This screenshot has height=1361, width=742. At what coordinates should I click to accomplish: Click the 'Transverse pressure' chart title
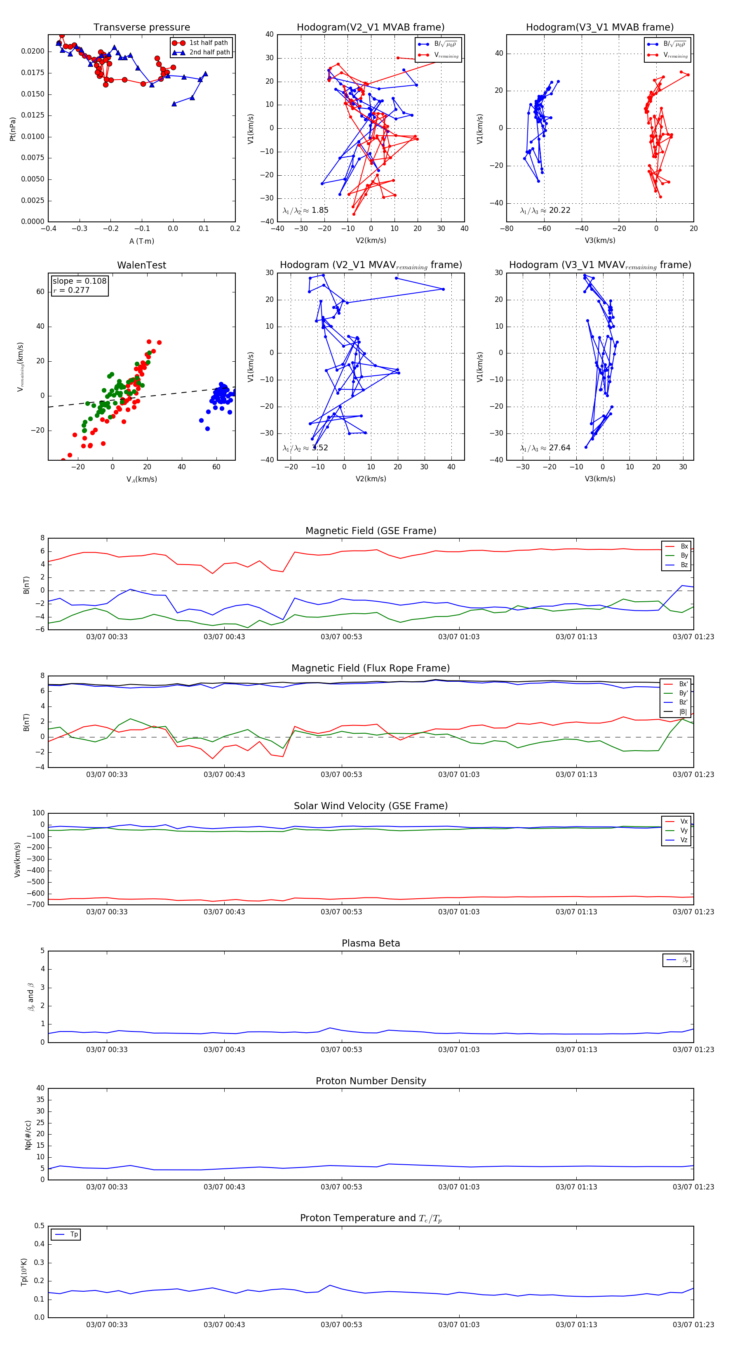141,28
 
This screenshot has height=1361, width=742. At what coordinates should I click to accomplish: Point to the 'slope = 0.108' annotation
79,281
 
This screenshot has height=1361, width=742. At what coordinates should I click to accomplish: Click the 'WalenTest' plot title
141,265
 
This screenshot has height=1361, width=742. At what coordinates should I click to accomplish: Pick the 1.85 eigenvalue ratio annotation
305,210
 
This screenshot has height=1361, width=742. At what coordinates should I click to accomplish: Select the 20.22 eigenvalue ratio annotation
545,210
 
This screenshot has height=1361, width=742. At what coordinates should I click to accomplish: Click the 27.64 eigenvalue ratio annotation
545,448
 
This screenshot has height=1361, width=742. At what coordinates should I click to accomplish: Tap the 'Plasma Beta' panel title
371,943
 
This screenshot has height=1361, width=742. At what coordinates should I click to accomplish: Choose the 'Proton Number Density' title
371,1081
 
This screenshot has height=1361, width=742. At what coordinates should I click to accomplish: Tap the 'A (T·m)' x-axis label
141,241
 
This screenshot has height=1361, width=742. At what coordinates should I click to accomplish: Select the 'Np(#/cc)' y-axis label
28,1135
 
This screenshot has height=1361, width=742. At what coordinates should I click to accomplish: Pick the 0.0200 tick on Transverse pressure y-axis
33,51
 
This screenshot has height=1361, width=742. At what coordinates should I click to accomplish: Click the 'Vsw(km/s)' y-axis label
17,859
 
